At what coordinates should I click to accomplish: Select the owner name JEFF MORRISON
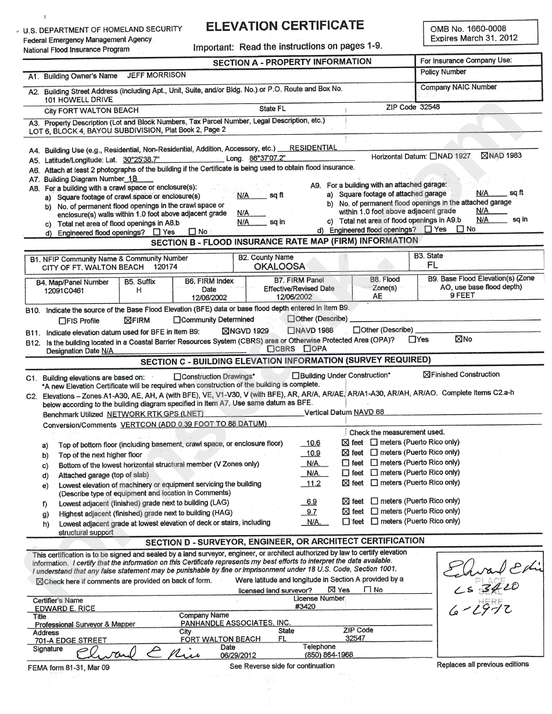click(153, 75)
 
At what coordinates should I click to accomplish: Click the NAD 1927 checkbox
click(433, 156)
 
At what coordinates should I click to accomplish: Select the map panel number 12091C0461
click(64, 290)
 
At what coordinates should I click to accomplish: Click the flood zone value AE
click(378, 296)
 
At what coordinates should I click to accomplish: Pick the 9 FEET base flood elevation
click(463, 295)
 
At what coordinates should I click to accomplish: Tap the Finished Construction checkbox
click(426, 375)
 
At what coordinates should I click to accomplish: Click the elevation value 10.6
click(313, 443)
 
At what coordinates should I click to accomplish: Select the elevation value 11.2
click(313, 483)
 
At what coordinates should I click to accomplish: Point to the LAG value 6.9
click(311, 502)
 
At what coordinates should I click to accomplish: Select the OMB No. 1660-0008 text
click(468, 28)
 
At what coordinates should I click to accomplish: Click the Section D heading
click(285, 541)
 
